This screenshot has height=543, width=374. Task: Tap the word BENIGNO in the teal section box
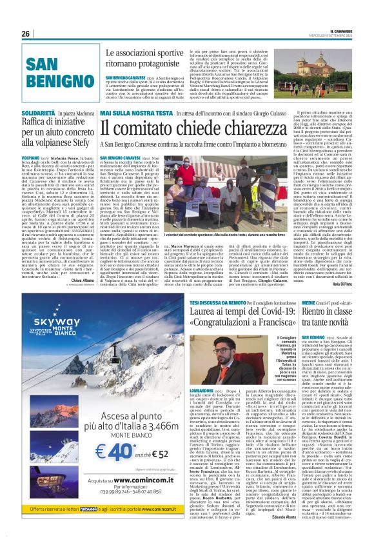point(52,81)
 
